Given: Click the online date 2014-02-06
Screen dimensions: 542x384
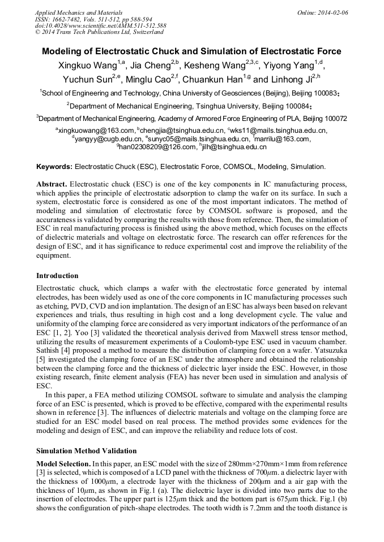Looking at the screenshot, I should click(x=332, y=12).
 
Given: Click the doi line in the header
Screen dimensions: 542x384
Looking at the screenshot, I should click(x=101, y=26).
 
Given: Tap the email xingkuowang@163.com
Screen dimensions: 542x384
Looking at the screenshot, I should click(x=93, y=131).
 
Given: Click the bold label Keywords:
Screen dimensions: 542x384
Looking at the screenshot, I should click(x=54, y=167).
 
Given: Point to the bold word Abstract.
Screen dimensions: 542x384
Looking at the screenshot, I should click(x=52, y=185).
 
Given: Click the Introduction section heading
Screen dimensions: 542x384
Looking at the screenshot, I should click(x=57, y=276).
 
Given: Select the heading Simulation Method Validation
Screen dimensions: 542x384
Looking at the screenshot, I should click(x=86, y=451).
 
